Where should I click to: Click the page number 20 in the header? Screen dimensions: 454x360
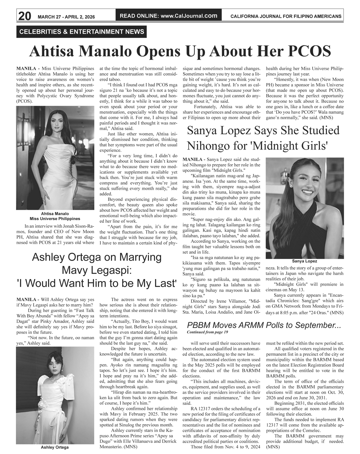click(24, 16)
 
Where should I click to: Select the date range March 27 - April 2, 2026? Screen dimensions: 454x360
click(66, 17)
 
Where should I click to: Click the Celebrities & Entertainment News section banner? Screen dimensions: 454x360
click(82, 32)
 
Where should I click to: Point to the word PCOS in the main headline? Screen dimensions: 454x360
click(309, 52)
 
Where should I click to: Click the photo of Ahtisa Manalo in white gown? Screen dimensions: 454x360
click(55, 158)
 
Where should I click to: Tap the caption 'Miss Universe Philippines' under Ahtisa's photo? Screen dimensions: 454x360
click(55, 219)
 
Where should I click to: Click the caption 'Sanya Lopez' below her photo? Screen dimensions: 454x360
click(304, 261)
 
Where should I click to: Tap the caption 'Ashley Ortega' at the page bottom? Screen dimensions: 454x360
click(55, 447)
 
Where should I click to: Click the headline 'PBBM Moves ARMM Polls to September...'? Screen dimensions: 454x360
click(264, 325)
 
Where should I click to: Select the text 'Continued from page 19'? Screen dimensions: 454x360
click(207, 332)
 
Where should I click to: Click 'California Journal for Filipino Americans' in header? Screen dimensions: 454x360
click(286, 16)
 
